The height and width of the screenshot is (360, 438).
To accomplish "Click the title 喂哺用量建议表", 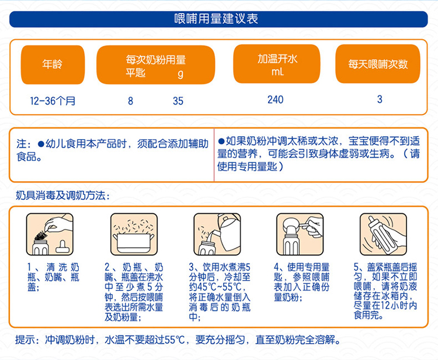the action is [x=216, y=19].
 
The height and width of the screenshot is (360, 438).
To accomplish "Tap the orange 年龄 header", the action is [x=53, y=64].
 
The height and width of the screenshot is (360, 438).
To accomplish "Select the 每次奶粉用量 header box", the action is [x=155, y=64].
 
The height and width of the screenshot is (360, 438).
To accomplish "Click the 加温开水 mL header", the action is [x=277, y=64].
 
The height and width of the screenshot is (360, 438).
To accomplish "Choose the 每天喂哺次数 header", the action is [x=378, y=64].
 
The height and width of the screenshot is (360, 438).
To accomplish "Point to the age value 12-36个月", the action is [x=53, y=101].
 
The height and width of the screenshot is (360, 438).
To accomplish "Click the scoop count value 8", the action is [x=130, y=101].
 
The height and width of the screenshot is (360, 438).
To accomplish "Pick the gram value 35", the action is [x=178, y=101].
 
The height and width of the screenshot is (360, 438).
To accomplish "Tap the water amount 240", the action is [x=276, y=99].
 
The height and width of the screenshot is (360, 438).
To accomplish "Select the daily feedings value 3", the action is [x=380, y=99].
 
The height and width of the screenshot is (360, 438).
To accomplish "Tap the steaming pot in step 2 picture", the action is [x=134, y=243].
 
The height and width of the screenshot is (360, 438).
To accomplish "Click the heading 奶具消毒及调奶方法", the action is [x=62, y=195].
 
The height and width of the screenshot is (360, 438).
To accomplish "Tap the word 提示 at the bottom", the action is [x=25, y=340].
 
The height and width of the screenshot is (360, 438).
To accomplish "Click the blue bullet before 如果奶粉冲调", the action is [x=221, y=141].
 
